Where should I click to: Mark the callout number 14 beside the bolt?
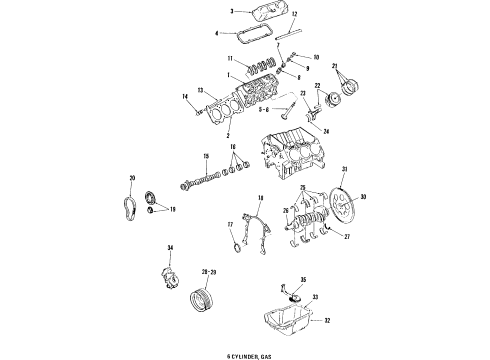point(185,95)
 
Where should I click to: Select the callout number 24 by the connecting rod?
point(325,129)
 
